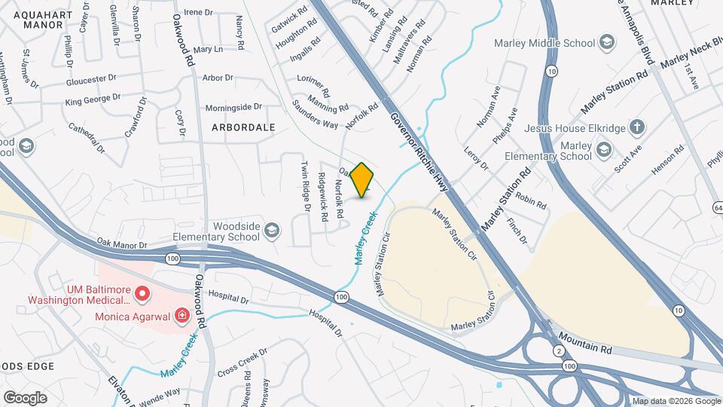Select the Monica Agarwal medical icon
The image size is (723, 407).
[181, 315]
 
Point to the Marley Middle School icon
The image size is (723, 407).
[606, 43]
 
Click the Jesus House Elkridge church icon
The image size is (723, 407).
[637, 128]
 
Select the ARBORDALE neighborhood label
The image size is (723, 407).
[243, 127]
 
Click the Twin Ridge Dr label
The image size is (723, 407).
[306, 185]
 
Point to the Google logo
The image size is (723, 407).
[25, 397]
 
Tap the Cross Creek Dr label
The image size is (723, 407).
[242, 362]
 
